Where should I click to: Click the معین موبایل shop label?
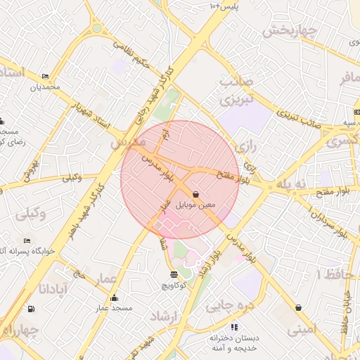tap(195, 205)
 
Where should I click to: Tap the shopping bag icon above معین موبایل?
tap(195, 193)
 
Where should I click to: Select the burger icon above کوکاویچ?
tap(174, 274)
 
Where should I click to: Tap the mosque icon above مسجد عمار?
tap(115, 297)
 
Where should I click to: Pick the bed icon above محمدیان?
tap(46, 77)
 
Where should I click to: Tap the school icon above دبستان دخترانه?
tap(234, 327)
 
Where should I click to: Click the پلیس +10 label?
tap(225, 6)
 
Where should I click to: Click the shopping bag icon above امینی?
tap(300, 307)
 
